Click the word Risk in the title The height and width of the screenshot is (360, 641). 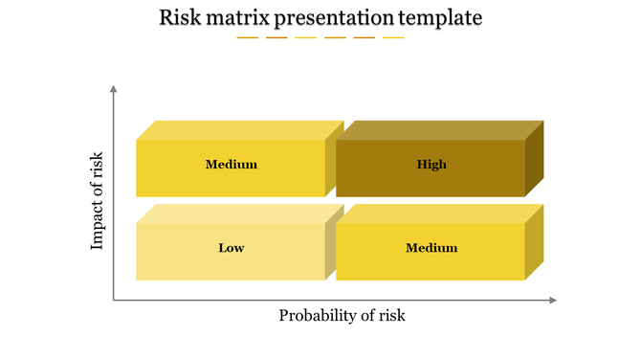pyautogui.click(x=180, y=17)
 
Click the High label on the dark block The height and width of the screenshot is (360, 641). pyautogui.click(x=431, y=165)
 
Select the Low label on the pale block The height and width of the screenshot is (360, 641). pyautogui.click(x=232, y=248)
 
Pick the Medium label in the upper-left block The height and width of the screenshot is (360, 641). pyautogui.click(x=232, y=165)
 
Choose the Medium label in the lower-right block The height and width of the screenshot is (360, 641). pyautogui.click(x=431, y=248)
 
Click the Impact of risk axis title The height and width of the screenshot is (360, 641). pyautogui.click(x=97, y=200)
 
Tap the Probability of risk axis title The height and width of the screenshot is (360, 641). pyautogui.click(x=342, y=315)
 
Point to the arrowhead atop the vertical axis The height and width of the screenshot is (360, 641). pyautogui.click(x=114, y=89)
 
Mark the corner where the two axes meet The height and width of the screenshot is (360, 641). pyautogui.click(x=114, y=301)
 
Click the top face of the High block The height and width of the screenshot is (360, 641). pyautogui.click(x=440, y=130)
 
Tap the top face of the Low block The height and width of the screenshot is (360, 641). pyautogui.click(x=240, y=214)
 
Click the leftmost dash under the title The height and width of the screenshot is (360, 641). pyautogui.click(x=247, y=38)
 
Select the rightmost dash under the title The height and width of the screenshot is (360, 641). pyautogui.click(x=393, y=38)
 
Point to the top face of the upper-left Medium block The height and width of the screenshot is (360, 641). pyautogui.click(x=240, y=130)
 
